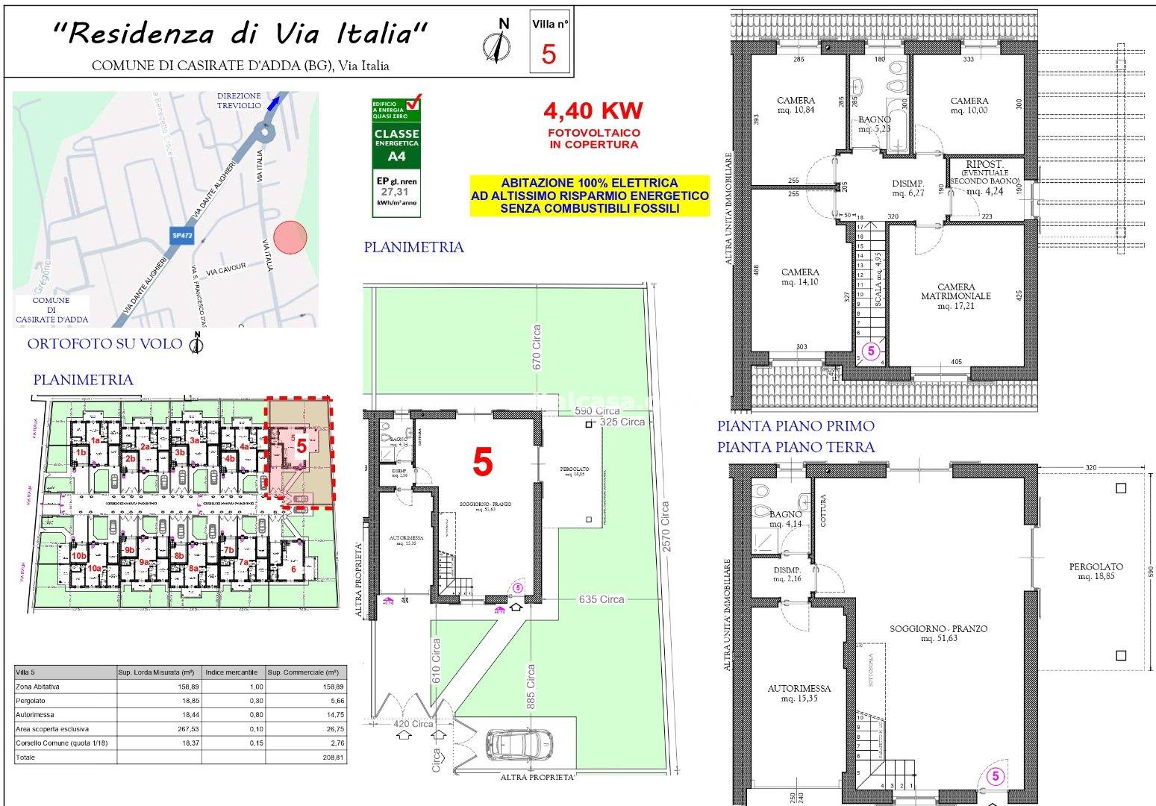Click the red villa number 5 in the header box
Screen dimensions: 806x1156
549,54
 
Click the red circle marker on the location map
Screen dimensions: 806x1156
290,238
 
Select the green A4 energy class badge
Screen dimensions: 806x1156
397,156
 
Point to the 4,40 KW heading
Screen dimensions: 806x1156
593,111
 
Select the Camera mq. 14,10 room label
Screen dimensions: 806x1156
800,277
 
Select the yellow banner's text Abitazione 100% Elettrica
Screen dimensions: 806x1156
590,183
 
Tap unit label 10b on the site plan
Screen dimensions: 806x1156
78,556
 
